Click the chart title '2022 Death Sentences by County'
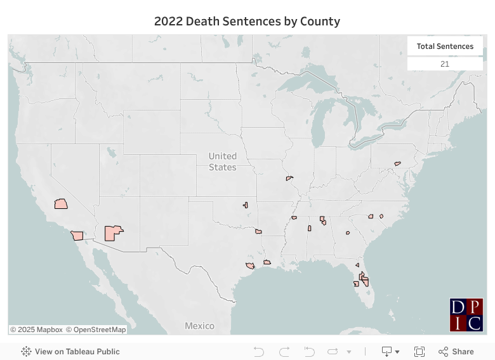pyautogui.click(x=247, y=22)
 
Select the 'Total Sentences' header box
pyautogui.click(x=445, y=46)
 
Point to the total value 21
pyautogui.click(x=445, y=64)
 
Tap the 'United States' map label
pyautogui.click(x=223, y=161)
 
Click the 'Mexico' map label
pyautogui.click(x=199, y=326)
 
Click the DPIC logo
pyautogui.click(x=466, y=315)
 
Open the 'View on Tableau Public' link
pyautogui.click(x=70, y=351)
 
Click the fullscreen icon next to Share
pyautogui.click(x=419, y=351)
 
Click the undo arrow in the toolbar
pyautogui.click(x=258, y=351)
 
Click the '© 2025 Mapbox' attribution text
pyautogui.click(x=37, y=330)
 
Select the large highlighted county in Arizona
pyautogui.click(x=113, y=233)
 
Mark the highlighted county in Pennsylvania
pyautogui.click(x=397, y=163)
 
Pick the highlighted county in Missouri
pyautogui.click(x=289, y=178)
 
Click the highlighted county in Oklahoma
pyautogui.click(x=245, y=205)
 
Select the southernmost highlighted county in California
pyautogui.click(x=77, y=236)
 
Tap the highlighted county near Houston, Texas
pyautogui.click(x=250, y=265)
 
